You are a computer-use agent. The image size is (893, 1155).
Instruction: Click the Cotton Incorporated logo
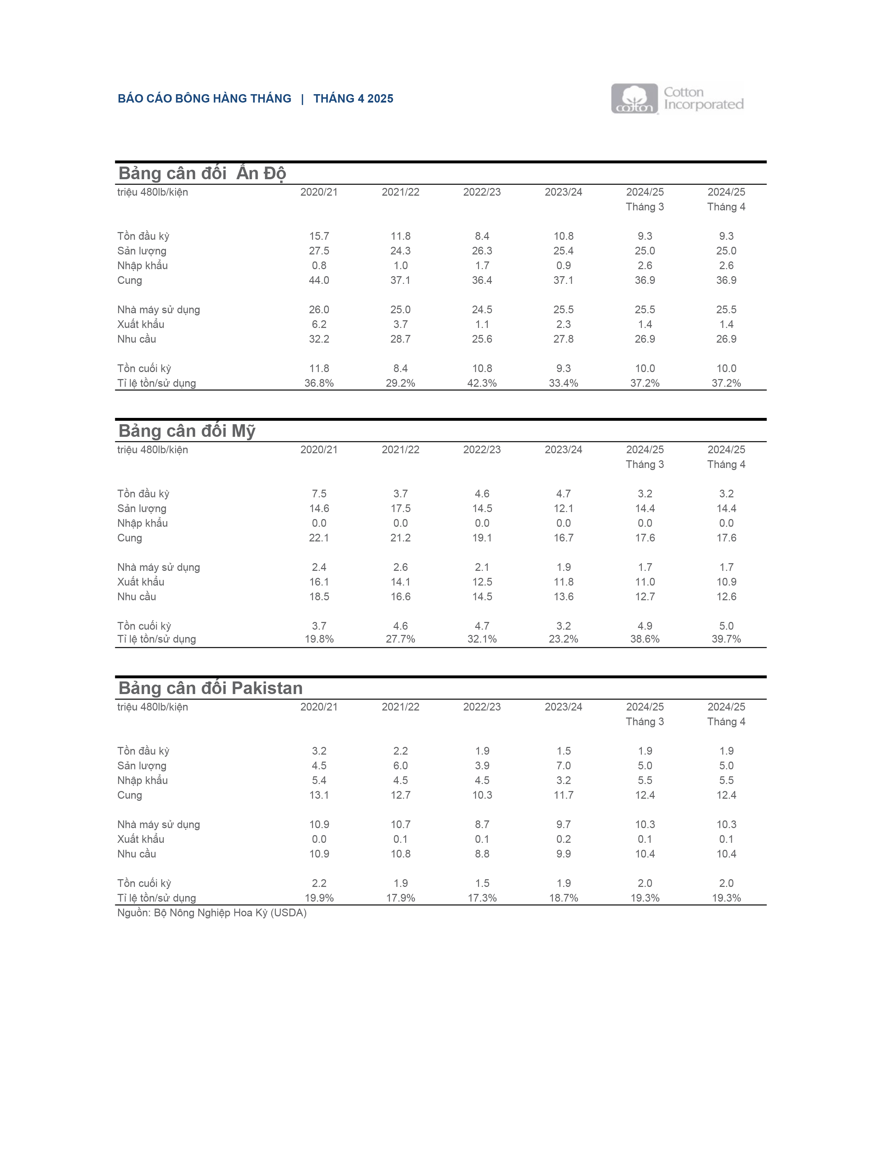point(677,99)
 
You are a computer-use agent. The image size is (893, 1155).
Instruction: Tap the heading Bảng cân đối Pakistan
point(210,688)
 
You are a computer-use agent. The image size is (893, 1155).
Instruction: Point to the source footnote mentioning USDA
point(212,913)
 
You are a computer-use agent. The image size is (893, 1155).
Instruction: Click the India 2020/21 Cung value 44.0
point(319,280)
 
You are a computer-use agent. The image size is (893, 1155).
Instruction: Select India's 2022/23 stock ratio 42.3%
point(482,383)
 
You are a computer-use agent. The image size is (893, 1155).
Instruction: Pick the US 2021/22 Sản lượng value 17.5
point(401,508)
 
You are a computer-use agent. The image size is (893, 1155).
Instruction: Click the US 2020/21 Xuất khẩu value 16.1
point(319,582)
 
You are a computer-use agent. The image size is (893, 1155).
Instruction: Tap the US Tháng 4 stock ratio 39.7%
point(726,639)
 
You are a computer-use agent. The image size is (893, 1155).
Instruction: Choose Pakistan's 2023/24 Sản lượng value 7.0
point(563,766)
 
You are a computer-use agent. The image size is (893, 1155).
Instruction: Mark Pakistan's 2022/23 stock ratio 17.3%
point(482,898)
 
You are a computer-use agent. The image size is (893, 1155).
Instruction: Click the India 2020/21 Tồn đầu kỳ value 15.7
point(319,236)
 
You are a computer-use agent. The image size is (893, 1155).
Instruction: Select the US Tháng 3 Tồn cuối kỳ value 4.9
point(645,626)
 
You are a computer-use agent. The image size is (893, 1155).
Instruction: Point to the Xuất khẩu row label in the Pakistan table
point(141,839)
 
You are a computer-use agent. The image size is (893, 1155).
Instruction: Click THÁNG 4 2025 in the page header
point(353,99)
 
